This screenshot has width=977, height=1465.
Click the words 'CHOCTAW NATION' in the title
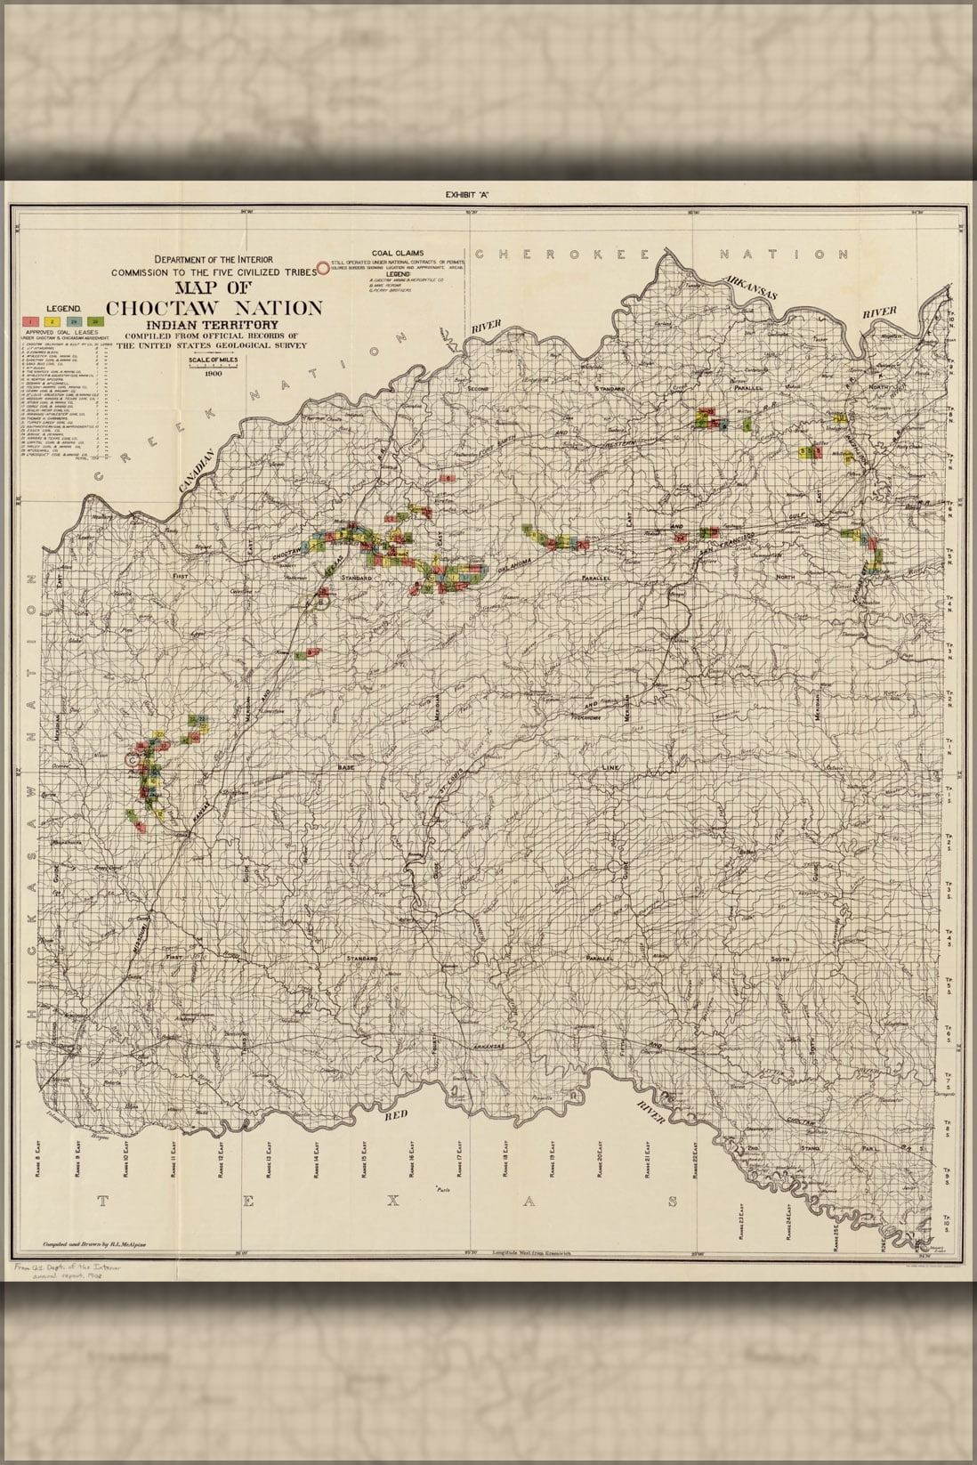tap(214, 308)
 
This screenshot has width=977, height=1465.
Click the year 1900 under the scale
tap(214, 374)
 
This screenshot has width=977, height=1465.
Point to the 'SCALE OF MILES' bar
tap(214, 361)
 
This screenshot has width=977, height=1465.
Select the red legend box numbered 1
tap(30, 319)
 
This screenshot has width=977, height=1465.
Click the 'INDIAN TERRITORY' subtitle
tap(214, 325)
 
